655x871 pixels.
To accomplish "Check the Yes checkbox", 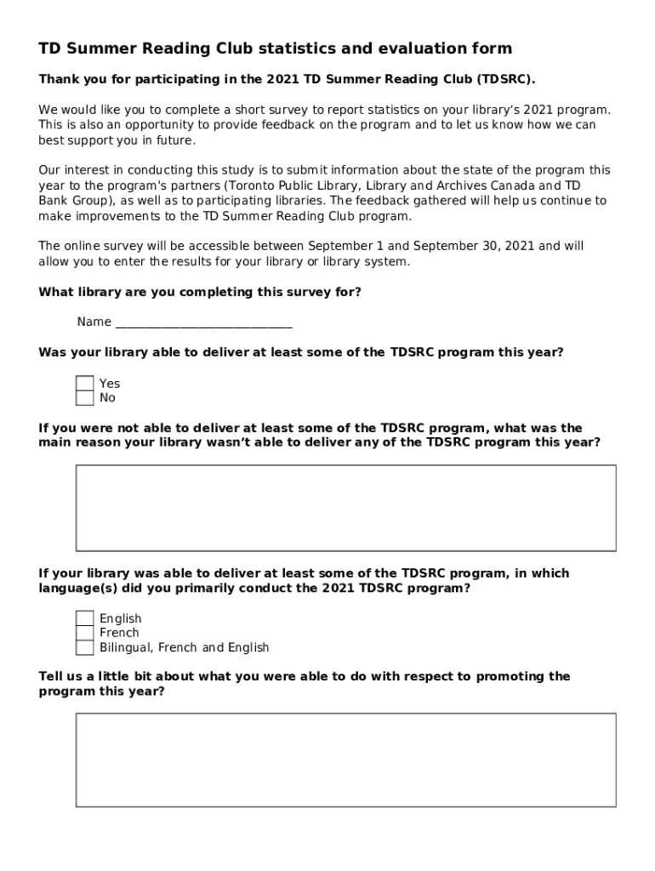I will [85, 384].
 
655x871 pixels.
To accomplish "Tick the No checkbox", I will [85, 398].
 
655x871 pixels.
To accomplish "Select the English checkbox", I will [85, 618].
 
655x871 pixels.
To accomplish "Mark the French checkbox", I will [85, 633].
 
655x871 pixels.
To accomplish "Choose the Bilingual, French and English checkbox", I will [85, 647].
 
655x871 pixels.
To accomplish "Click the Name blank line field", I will [203, 322].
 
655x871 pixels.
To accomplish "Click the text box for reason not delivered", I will [345, 508].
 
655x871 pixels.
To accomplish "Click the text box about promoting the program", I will [345, 760].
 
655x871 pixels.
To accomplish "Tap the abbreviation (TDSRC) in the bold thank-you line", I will [506, 79].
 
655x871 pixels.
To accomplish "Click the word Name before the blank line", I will [94, 322].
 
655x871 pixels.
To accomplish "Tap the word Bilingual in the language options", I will [125, 647].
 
